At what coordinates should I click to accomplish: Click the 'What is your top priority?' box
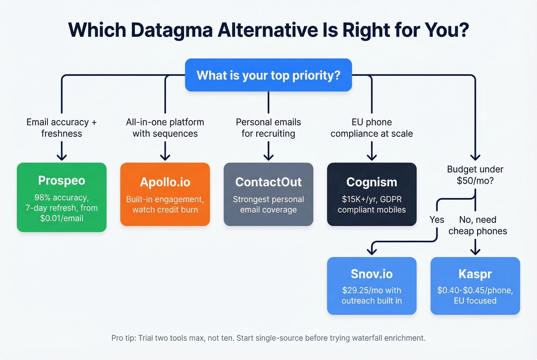268,75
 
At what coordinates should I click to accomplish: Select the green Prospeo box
61,197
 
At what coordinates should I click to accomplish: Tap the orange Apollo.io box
165,194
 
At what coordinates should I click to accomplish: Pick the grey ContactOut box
268,194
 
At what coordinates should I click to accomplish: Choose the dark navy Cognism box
371,194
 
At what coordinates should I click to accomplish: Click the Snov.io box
371,286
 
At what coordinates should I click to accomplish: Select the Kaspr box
475,286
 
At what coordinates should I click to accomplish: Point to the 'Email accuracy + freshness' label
61,128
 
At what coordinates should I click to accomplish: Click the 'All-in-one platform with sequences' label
165,128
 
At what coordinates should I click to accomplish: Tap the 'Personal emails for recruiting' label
268,128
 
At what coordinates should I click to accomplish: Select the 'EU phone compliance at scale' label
371,128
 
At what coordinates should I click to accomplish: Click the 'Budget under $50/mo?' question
475,175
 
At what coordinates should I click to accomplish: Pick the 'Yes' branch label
437,220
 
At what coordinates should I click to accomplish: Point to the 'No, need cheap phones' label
478,225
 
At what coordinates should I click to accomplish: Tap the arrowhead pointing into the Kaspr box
475,252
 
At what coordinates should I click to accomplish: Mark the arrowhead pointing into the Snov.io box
372,252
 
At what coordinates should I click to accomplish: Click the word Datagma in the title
171,30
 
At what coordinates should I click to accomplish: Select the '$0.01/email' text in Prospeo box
61,218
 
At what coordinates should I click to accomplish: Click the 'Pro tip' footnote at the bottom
268,338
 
